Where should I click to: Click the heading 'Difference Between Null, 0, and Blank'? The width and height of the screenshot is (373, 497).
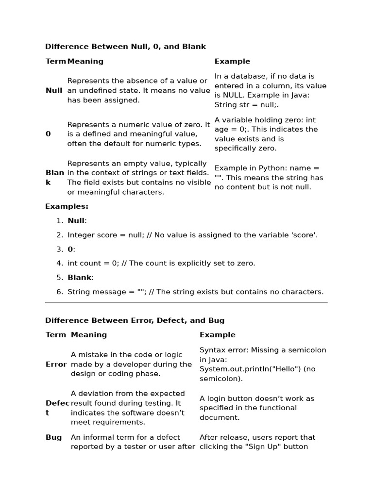(125, 47)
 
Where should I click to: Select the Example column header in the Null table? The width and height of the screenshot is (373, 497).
(232, 61)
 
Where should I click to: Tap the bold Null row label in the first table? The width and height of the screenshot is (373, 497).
(54, 90)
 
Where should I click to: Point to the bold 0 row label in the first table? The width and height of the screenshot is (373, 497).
(48, 134)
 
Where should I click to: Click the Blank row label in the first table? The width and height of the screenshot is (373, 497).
(54, 178)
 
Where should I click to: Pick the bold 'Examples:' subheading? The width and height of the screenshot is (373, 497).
(67, 206)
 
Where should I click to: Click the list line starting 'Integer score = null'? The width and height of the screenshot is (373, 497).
(192, 235)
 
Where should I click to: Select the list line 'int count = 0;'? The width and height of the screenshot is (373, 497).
(161, 263)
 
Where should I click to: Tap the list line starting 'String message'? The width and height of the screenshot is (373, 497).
(195, 292)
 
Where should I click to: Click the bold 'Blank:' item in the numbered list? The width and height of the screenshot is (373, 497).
(81, 278)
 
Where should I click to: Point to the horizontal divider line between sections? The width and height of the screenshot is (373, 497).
(186, 302)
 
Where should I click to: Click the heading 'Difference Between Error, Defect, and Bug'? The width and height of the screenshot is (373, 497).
(135, 320)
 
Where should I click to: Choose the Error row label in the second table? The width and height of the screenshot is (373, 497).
(56, 364)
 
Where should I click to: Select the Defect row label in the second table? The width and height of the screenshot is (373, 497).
(54, 408)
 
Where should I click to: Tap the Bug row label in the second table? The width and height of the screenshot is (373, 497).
(53, 437)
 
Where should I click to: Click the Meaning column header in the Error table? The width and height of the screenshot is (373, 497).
(89, 334)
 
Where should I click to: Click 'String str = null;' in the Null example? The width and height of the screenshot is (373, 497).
(246, 105)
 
